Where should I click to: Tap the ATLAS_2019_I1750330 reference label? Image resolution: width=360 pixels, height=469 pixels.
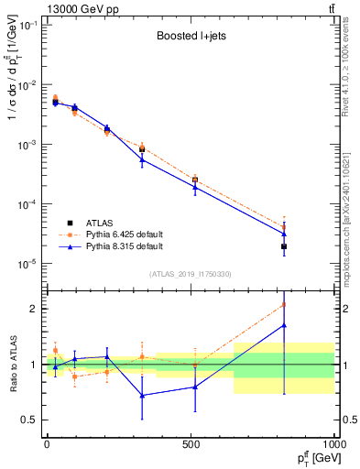[191, 274]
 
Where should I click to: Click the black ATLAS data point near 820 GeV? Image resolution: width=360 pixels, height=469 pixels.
[284, 246]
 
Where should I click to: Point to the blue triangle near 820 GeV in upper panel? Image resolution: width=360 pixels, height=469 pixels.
[284, 234]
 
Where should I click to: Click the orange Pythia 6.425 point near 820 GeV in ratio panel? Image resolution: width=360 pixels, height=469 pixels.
[284, 305]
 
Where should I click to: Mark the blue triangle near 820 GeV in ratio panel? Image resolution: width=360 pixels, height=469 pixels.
[284, 325]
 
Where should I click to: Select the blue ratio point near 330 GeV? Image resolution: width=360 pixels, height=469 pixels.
[142, 396]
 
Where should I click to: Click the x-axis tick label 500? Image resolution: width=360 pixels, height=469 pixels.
[191, 443]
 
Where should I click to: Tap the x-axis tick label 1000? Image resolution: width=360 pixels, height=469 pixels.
[332, 443]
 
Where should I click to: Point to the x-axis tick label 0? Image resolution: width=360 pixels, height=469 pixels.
[47, 443]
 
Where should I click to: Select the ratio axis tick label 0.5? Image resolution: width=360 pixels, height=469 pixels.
[31, 420]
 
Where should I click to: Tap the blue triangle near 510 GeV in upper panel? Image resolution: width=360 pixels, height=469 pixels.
[195, 187]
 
